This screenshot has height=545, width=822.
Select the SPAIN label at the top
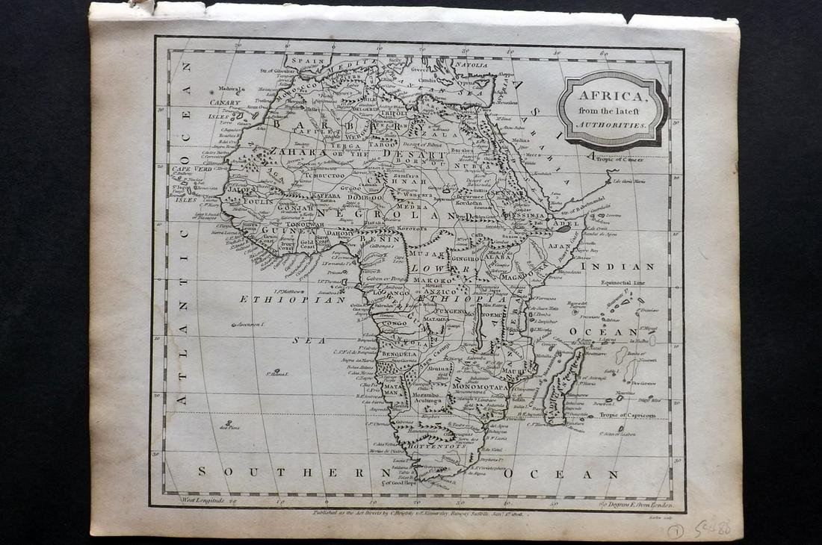307,60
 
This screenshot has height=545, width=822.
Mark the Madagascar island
566,386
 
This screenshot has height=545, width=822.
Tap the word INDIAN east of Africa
628,267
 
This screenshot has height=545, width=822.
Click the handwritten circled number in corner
675,531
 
